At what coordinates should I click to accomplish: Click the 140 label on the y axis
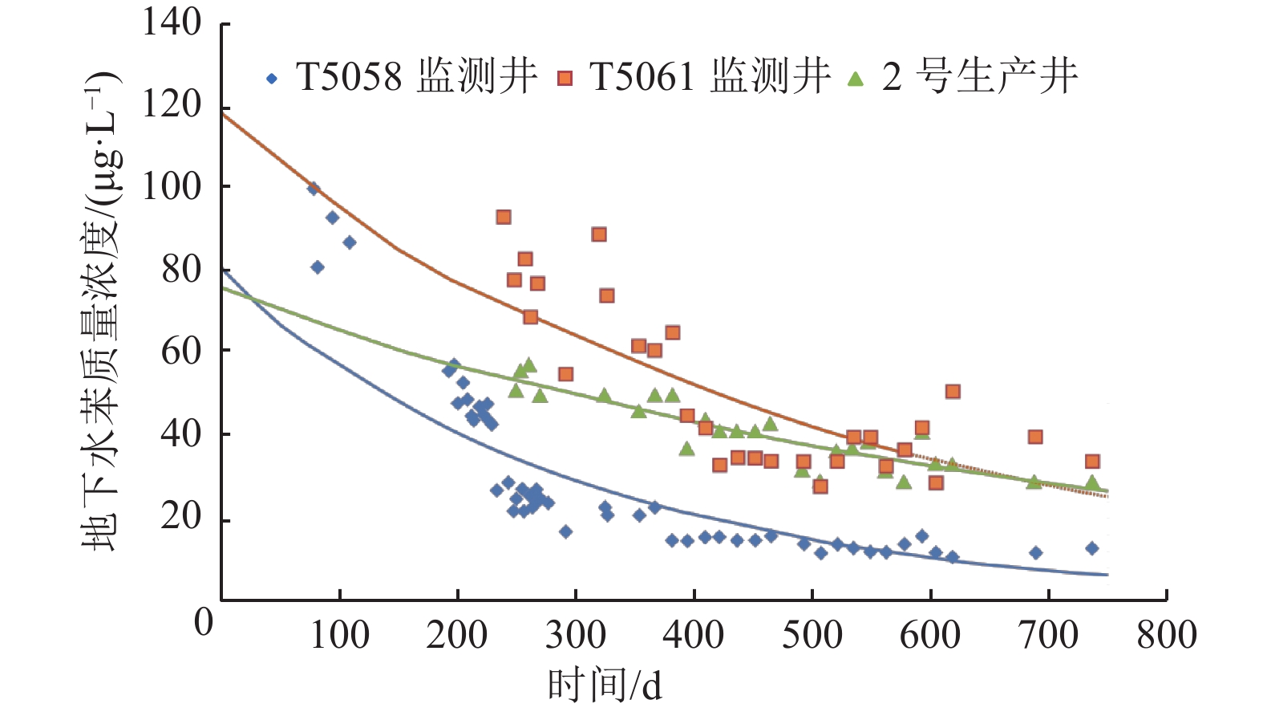[x=172, y=22]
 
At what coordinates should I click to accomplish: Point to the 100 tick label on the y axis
[x=172, y=186]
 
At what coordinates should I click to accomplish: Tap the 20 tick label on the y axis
[x=181, y=515]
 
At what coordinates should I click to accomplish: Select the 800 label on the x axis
[x=1167, y=635]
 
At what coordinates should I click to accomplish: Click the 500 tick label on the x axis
[x=812, y=635]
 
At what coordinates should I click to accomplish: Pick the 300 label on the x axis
[x=576, y=635]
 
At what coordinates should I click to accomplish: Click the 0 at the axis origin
[x=204, y=621]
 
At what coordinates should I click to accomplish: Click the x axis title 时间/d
[x=605, y=685]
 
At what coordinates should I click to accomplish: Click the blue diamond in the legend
[x=273, y=79]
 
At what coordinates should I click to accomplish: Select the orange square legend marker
[x=565, y=79]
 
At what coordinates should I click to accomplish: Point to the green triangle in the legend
[x=856, y=79]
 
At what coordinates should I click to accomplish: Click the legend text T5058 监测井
[x=416, y=77]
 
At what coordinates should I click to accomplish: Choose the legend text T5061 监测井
[x=710, y=77]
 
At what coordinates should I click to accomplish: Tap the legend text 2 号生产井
[x=979, y=77]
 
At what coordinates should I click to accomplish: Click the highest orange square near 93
[x=504, y=217]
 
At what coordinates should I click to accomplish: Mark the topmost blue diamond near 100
[x=314, y=189]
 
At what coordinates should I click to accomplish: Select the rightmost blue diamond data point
[x=1091, y=548]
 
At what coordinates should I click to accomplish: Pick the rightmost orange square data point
[x=1091, y=462]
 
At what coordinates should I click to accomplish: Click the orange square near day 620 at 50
[x=953, y=392]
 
